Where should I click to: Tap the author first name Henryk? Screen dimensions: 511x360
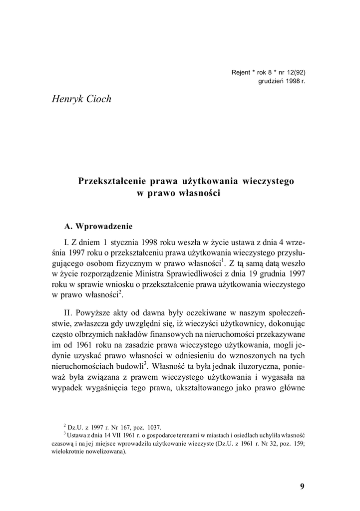67,99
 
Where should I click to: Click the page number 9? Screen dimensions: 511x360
302,487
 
